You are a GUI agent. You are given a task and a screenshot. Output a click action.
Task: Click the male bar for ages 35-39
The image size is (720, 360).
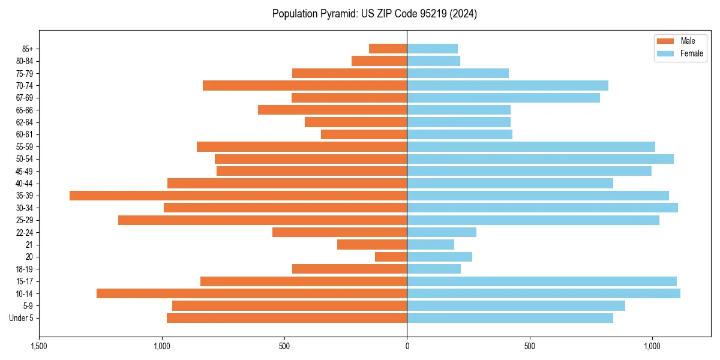coord(238,196)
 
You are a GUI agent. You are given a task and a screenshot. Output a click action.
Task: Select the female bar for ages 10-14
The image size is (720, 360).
coord(544,293)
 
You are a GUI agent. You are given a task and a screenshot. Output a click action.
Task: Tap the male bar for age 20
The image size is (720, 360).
coord(391,257)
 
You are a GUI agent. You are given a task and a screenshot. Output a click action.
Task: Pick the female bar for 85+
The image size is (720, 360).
coord(432,49)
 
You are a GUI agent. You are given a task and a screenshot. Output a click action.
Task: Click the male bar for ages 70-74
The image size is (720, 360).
coord(305,86)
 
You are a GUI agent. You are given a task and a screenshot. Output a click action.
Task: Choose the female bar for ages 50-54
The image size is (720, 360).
coord(540,159)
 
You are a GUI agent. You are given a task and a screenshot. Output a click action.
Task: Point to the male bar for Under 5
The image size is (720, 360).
coord(287,318)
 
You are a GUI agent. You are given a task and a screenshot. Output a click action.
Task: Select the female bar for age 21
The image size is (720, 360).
coord(430,245)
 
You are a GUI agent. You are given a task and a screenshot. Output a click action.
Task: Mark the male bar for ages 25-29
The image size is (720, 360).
coord(262,220)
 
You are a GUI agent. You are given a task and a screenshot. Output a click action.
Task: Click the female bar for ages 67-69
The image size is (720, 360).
coord(503,98)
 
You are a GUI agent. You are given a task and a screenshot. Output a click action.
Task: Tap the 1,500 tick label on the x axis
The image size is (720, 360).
coord(39,347)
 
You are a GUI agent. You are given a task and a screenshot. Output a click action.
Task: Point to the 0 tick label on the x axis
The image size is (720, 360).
coord(407,347)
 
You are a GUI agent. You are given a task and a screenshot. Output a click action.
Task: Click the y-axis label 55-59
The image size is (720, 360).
coord(25,147)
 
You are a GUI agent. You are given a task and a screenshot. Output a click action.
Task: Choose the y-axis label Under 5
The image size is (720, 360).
coord(22,318)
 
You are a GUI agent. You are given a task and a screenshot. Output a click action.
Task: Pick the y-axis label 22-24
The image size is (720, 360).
coord(25,233)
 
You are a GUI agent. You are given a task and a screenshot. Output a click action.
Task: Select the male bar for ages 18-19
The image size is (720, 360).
coord(349,269)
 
